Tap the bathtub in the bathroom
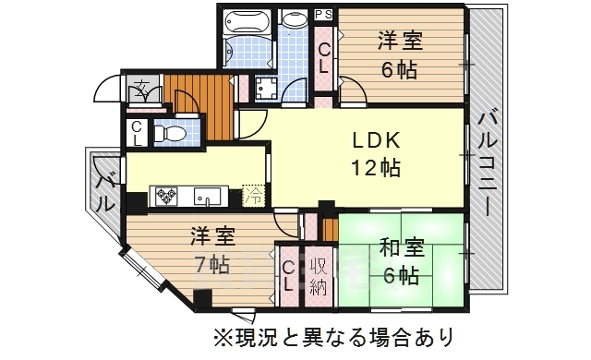[247, 20]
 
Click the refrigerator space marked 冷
[252, 196]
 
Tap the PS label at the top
[323, 14]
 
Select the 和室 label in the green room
[401, 247]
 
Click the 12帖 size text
[375, 168]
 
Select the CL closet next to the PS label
[325, 58]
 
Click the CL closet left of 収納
[289, 274]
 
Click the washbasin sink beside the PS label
[296, 20]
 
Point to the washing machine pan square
[269, 90]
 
